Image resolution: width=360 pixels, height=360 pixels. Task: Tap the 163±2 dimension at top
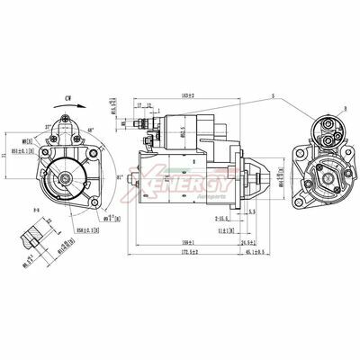click(188, 94)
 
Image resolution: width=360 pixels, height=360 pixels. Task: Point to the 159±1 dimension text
click(186, 241)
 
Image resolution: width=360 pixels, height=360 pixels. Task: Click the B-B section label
click(36, 209)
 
